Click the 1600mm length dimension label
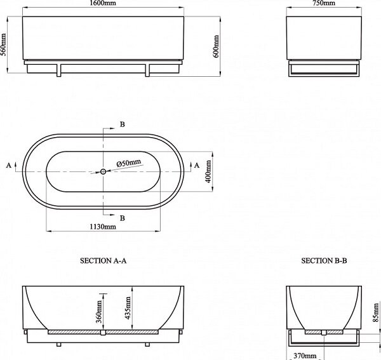coord(103,3)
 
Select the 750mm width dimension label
coord(324,3)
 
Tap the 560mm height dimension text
coord(3,44)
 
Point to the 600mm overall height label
coord(216,46)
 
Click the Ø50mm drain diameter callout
coord(128,163)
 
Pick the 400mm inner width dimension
coord(208,171)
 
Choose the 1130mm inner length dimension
coord(103,227)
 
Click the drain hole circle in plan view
coord(103,171)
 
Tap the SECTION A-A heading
coord(104,261)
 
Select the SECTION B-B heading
coord(324,261)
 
